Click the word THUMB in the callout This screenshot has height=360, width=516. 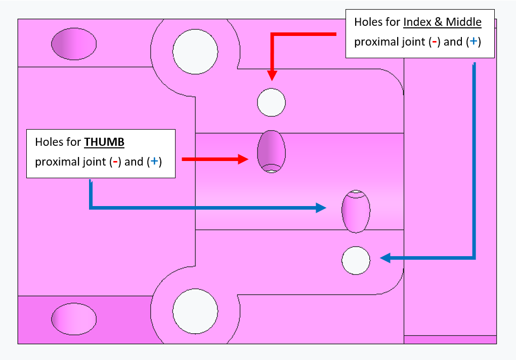[x=104, y=142]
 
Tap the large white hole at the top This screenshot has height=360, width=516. [x=195, y=51]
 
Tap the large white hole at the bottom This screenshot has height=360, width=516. [x=195, y=311]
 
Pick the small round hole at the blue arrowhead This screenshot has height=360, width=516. [x=356, y=261]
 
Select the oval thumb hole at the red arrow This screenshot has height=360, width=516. [x=271, y=151]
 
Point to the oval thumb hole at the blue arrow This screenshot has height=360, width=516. [x=356, y=211]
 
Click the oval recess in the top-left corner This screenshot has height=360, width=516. [x=74, y=45]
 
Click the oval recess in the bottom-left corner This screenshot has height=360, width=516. [x=74, y=319]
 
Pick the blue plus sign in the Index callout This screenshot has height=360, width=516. [x=472, y=42]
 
